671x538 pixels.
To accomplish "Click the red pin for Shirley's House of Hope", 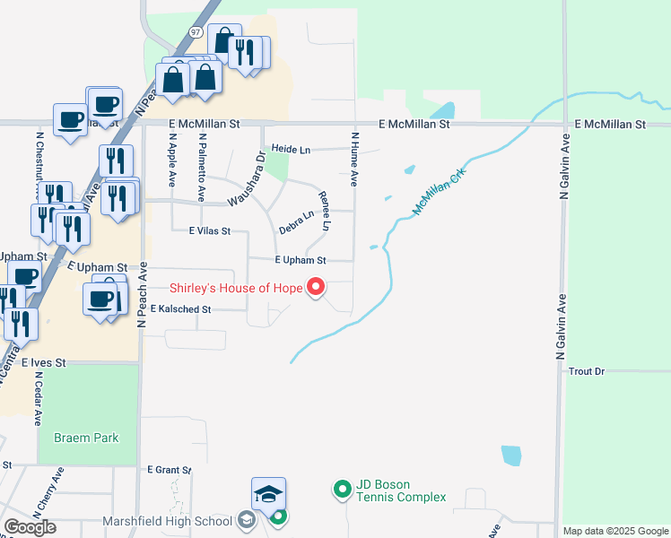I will click(316, 287).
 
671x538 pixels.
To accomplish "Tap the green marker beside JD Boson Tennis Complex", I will click(342, 490).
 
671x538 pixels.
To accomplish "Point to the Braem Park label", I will click(86, 438).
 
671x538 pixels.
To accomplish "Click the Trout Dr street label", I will click(588, 371).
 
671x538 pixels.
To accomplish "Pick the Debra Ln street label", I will click(296, 222).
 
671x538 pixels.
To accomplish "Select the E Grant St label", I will click(170, 470).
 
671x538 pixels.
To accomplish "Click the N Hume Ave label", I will click(355, 160).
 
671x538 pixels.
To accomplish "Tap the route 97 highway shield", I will click(195, 31).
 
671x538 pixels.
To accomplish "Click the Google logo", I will click(30, 527).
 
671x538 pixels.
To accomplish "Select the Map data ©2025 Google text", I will click(615, 531).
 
